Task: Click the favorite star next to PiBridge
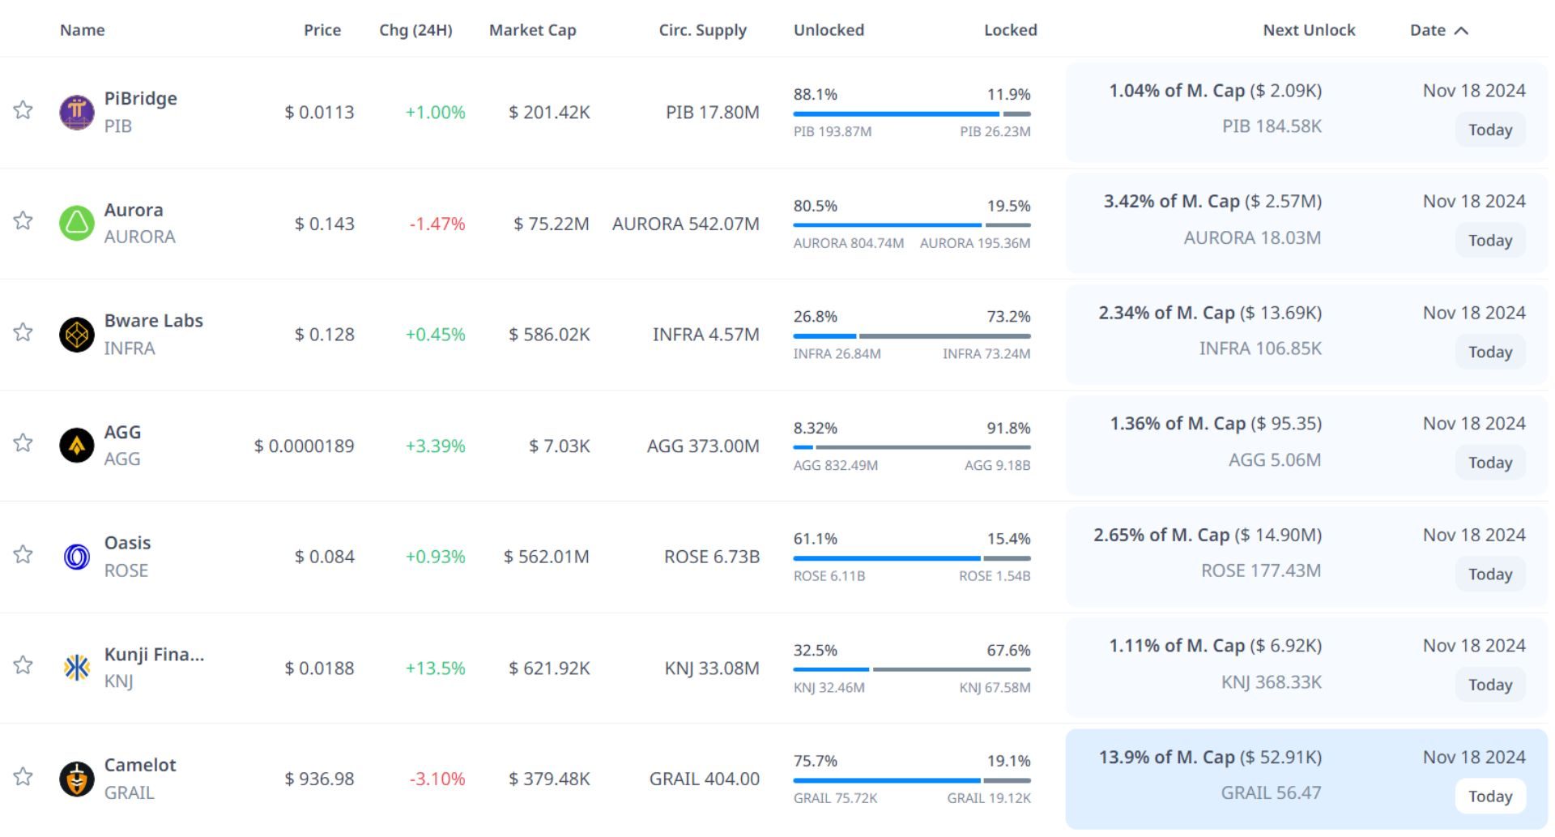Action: click(23, 110)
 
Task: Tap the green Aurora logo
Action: click(77, 223)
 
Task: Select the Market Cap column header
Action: click(532, 30)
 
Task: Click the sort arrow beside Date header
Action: click(1461, 31)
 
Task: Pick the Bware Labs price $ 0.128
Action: click(324, 335)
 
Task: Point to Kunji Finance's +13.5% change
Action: click(435, 668)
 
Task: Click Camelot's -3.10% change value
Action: click(437, 779)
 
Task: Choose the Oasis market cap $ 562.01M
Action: click(546, 557)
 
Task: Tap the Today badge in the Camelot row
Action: click(1489, 796)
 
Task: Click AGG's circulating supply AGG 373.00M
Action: click(702, 446)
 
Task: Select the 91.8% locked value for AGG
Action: click(1008, 428)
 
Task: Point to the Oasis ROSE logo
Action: click(77, 557)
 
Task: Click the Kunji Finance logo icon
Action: click(77, 668)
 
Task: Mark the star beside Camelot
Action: click(23, 777)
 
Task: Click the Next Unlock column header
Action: click(1308, 30)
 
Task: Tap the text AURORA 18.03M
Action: click(1251, 237)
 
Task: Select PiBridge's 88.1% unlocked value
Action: click(815, 94)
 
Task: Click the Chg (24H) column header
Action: click(415, 30)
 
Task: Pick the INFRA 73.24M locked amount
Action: click(986, 354)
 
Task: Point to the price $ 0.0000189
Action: click(304, 446)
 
